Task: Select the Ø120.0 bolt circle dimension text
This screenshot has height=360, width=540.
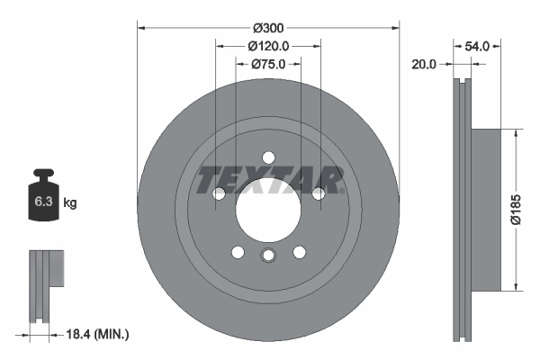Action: click(267, 46)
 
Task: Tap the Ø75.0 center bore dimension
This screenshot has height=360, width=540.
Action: click(267, 64)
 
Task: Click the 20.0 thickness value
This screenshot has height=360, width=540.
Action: click(423, 64)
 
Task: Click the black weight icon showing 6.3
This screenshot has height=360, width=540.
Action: click(44, 200)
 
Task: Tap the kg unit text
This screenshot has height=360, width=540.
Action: click(71, 203)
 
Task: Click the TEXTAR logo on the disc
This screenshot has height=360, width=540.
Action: click(268, 179)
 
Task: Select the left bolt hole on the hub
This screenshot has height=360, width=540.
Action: click(218, 193)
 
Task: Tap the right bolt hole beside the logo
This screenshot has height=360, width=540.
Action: click(318, 193)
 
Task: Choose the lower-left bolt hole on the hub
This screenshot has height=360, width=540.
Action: click(237, 252)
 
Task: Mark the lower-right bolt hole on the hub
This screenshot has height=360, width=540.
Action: click(299, 252)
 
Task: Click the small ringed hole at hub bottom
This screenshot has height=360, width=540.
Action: click(267, 258)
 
